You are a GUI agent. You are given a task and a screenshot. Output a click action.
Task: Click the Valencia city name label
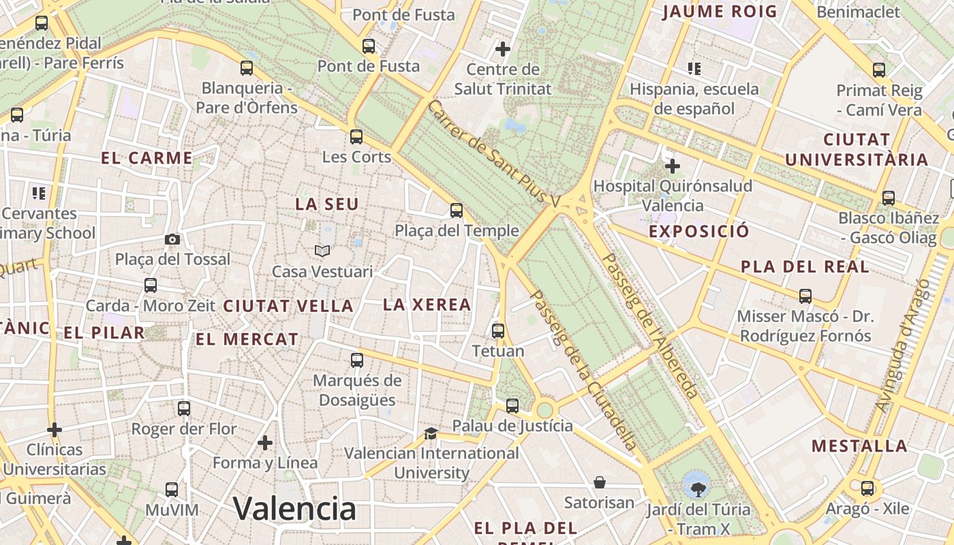pos(294,508)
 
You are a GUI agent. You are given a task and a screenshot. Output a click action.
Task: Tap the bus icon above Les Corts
pos(356,136)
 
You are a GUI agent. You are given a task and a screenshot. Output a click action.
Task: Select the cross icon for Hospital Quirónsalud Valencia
pos(673,166)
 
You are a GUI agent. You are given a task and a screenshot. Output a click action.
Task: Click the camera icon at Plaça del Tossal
pos(172,239)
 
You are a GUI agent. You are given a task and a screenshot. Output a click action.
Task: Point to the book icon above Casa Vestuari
pos(322,251)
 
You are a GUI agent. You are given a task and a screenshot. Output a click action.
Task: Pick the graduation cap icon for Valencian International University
pos(431,433)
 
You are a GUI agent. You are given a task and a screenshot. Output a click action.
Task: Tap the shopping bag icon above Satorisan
pos(600,482)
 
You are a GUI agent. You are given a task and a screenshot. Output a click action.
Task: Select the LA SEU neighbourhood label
pos(327,204)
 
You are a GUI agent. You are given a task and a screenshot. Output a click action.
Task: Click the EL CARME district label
pos(147,158)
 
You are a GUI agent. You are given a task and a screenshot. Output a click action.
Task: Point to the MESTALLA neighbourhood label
pos(859,446)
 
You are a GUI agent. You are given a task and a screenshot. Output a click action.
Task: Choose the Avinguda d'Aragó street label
pos(902,345)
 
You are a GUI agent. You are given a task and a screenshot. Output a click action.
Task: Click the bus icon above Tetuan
pos(498,331)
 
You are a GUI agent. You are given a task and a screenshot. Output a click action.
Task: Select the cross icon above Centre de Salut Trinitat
pos(503,49)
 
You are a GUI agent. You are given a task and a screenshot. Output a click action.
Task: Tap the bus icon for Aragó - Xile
pos(867,488)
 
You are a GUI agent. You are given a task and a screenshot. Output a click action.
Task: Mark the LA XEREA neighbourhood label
pos(427,305)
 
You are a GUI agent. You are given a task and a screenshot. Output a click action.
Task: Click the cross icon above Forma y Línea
pos(265,443)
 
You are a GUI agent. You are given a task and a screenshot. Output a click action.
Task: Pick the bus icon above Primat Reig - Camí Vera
pos(879,69)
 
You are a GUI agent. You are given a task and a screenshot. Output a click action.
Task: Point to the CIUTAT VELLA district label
pos(289,306)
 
